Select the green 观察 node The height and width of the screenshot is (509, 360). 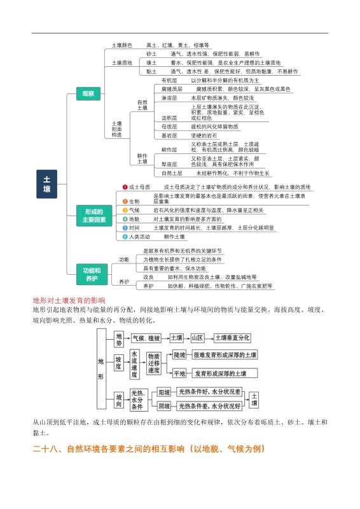pos(88,94)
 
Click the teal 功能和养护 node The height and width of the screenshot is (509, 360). pos(91,274)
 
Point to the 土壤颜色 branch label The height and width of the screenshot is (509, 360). pos(121,45)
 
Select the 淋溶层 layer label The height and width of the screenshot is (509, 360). pos(169,99)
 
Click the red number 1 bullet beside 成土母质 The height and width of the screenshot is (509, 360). pos(125,187)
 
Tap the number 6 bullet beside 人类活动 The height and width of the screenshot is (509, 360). pos(125,237)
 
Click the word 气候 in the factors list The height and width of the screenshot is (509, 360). pos(134,210)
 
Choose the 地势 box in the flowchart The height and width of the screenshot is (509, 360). pos(120,337)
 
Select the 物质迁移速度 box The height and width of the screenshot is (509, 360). pos(154,364)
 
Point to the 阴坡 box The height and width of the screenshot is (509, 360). pos(164,405)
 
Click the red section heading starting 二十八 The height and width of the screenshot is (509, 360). pos(148,450)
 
